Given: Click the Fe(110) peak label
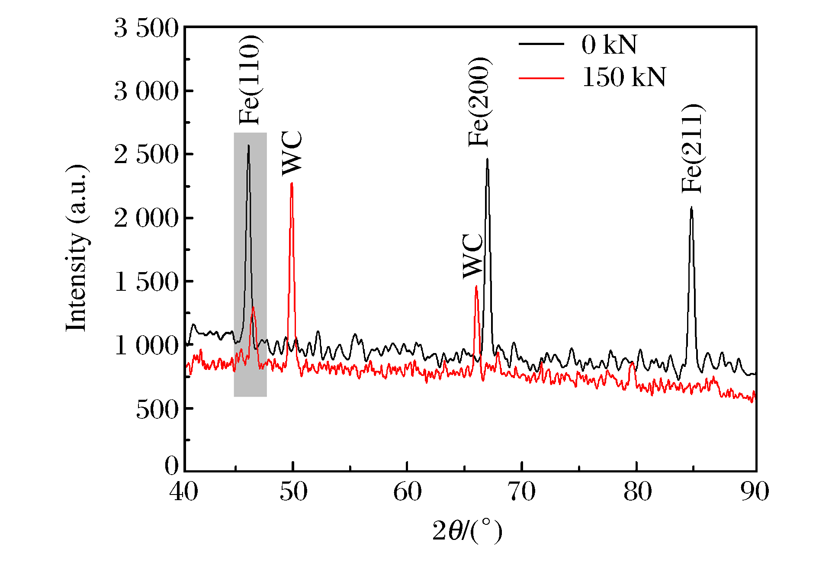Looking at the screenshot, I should coord(250,80).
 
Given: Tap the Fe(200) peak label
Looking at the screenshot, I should coord(479,102).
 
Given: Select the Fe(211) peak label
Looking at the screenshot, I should coord(692,148).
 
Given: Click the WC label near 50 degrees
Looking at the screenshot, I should coord(292,154).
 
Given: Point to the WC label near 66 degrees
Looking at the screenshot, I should coord(473,256).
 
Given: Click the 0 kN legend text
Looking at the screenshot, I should coord(609,45).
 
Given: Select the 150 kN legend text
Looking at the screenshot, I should coord(624,77).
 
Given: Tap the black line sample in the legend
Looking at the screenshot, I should coord(541,44).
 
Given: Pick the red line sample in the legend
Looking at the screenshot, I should coord(541,78).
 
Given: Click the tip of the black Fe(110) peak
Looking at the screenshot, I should coord(248,146).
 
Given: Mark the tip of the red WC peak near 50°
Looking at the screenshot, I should coord(292,183).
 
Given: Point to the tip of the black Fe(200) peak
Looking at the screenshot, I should coord(487,159).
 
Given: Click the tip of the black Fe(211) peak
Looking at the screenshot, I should coord(691,208).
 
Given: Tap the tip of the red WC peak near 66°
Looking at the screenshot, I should coord(476,286).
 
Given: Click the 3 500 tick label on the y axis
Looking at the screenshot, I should coord(146,29).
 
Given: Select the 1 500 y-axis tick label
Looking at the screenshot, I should coord(146,282).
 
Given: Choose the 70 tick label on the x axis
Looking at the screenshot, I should coord(522,492).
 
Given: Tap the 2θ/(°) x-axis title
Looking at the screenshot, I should coord(467,531).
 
